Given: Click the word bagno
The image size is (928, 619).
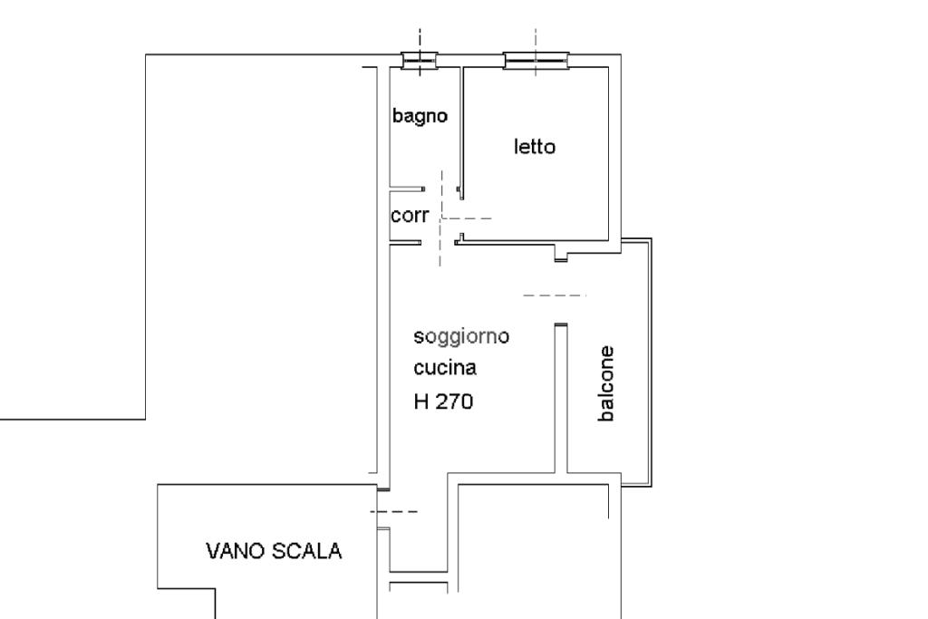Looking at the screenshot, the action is click(x=420, y=116).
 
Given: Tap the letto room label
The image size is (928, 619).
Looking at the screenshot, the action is click(x=535, y=147).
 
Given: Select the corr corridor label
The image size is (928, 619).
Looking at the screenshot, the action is click(x=410, y=216).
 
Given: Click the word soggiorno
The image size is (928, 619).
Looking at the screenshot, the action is click(x=461, y=337).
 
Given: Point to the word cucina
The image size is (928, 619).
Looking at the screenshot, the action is click(x=444, y=367).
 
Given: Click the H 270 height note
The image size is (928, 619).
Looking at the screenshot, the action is click(x=443, y=401).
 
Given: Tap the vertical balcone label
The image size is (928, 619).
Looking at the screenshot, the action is click(x=606, y=383).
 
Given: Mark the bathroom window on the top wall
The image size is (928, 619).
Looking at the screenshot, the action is click(x=420, y=61).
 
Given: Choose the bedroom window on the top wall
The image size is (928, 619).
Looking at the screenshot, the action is click(x=536, y=61).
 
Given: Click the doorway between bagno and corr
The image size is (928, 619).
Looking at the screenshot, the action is click(x=441, y=189).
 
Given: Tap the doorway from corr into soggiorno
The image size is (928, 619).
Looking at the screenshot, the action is click(x=438, y=242).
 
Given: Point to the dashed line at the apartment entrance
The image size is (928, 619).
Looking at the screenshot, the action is click(x=394, y=511).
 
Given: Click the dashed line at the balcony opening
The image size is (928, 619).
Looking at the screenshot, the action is click(x=555, y=295).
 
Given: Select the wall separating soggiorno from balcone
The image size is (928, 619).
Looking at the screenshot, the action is click(x=561, y=398).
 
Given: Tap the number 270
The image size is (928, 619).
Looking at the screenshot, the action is click(x=454, y=401).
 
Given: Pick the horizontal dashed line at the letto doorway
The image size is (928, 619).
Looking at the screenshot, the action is click(x=467, y=218).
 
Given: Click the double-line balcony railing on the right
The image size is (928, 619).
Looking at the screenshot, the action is click(x=651, y=363).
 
